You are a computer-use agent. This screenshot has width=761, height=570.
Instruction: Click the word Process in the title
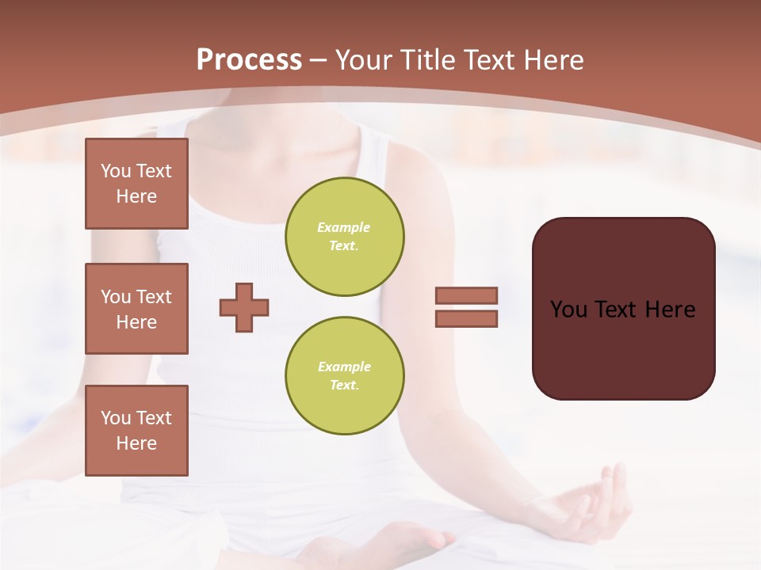click(249, 60)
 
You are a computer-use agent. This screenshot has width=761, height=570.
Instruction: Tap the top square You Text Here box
click(136, 184)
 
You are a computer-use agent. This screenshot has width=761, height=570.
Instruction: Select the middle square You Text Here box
click(136, 309)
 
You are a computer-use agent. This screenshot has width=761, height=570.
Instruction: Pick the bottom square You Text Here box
click(136, 430)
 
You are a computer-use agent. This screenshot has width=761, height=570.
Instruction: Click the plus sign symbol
click(244, 307)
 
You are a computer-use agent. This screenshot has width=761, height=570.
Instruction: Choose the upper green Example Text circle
click(344, 237)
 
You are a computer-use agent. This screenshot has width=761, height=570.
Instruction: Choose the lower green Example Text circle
click(344, 376)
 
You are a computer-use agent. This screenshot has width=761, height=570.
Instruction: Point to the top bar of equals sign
click(466, 295)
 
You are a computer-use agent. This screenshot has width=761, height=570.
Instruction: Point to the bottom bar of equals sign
click(466, 319)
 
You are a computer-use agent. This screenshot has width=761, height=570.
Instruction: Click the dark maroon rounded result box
click(623, 348)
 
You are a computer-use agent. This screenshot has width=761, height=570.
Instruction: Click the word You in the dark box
click(568, 310)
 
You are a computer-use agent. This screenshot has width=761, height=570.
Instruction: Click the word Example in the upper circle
click(343, 228)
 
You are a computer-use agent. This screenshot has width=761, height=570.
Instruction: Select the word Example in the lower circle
click(343, 367)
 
